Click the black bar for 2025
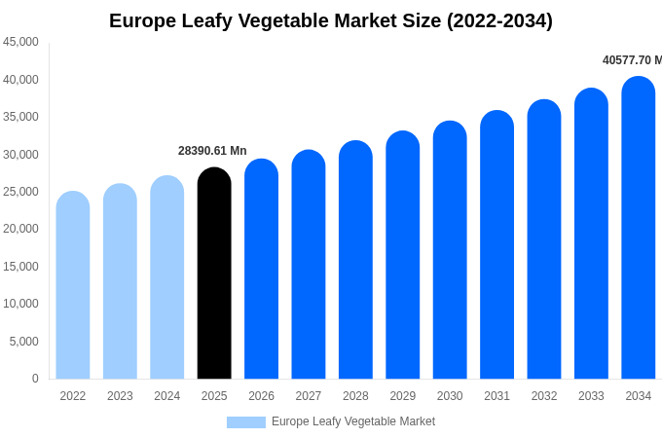tap(214, 274)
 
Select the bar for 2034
tap(638, 228)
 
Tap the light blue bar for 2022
tap(73, 285)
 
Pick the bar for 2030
tap(450, 250)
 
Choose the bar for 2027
tap(309, 265)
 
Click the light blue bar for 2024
tap(167, 277)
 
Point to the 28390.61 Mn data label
tap(212, 151)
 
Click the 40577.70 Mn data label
tap(632, 60)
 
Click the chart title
tap(331, 20)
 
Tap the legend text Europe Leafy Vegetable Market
tap(353, 421)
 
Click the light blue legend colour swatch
tap(245, 422)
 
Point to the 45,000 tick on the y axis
tap(21, 42)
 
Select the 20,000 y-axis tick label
tap(21, 229)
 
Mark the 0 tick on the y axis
tap(35, 379)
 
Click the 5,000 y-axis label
tap(24, 342)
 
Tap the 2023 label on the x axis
tap(120, 396)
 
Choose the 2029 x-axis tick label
tap(403, 396)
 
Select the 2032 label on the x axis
tap(544, 396)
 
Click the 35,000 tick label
tap(21, 117)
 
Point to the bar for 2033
tap(591, 234)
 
